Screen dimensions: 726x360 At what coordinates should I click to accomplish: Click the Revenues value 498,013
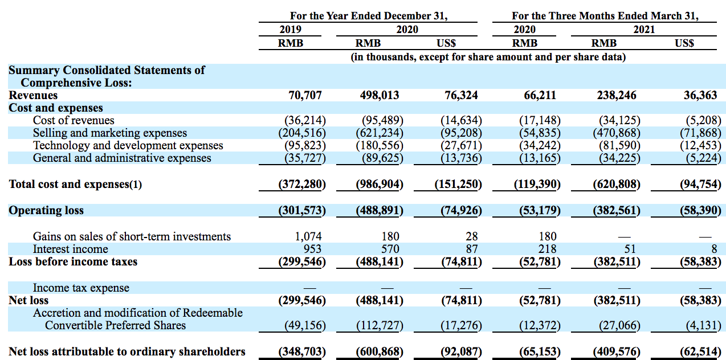coord(380,95)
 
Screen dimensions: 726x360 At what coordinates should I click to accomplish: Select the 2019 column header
coord(291,30)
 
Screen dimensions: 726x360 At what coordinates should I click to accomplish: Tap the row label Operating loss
coord(46,210)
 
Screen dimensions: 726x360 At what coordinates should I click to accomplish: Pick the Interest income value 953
coord(312,249)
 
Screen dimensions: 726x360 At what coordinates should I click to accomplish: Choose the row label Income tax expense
coord(81,288)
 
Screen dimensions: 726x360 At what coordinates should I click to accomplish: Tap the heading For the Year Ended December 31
coord(369,16)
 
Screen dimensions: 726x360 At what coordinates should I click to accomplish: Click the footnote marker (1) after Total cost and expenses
coord(136,185)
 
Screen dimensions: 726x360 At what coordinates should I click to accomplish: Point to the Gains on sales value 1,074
coord(308,236)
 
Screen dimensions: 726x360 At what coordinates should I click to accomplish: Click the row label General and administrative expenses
coord(122,158)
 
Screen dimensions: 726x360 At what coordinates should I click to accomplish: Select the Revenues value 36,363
coord(700,95)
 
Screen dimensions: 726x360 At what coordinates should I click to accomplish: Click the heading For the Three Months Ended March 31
coord(605,16)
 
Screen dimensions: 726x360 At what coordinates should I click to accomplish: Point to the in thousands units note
coord(488,57)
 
